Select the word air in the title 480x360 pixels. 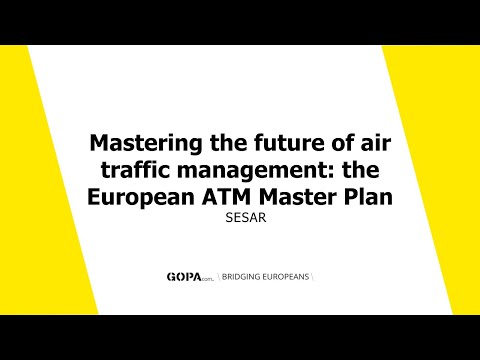[x=372, y=143]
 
